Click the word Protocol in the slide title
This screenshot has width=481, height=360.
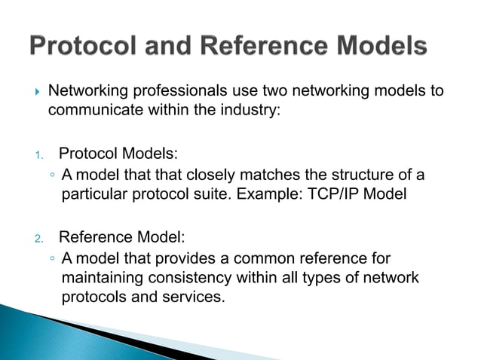[x=83, y=47]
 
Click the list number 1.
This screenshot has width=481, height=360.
[x=38, y=156]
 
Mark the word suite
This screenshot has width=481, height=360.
[x=207, y=194]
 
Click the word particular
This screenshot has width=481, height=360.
[x=92, y=194]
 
